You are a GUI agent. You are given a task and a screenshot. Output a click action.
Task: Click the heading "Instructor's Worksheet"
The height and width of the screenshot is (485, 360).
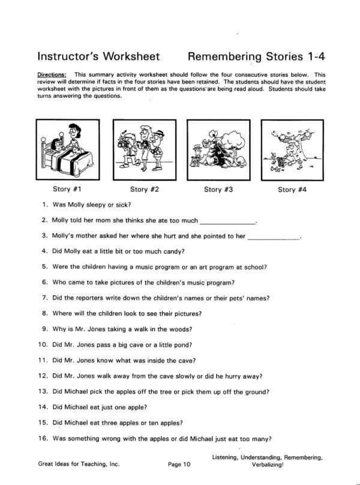(98, 57)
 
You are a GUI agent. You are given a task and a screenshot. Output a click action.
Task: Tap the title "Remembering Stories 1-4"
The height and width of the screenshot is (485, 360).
(256, 57)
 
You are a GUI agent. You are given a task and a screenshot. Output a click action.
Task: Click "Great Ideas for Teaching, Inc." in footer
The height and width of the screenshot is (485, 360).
(76, 463)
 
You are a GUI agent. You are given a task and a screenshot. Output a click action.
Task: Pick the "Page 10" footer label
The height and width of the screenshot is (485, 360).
(179, 463)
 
